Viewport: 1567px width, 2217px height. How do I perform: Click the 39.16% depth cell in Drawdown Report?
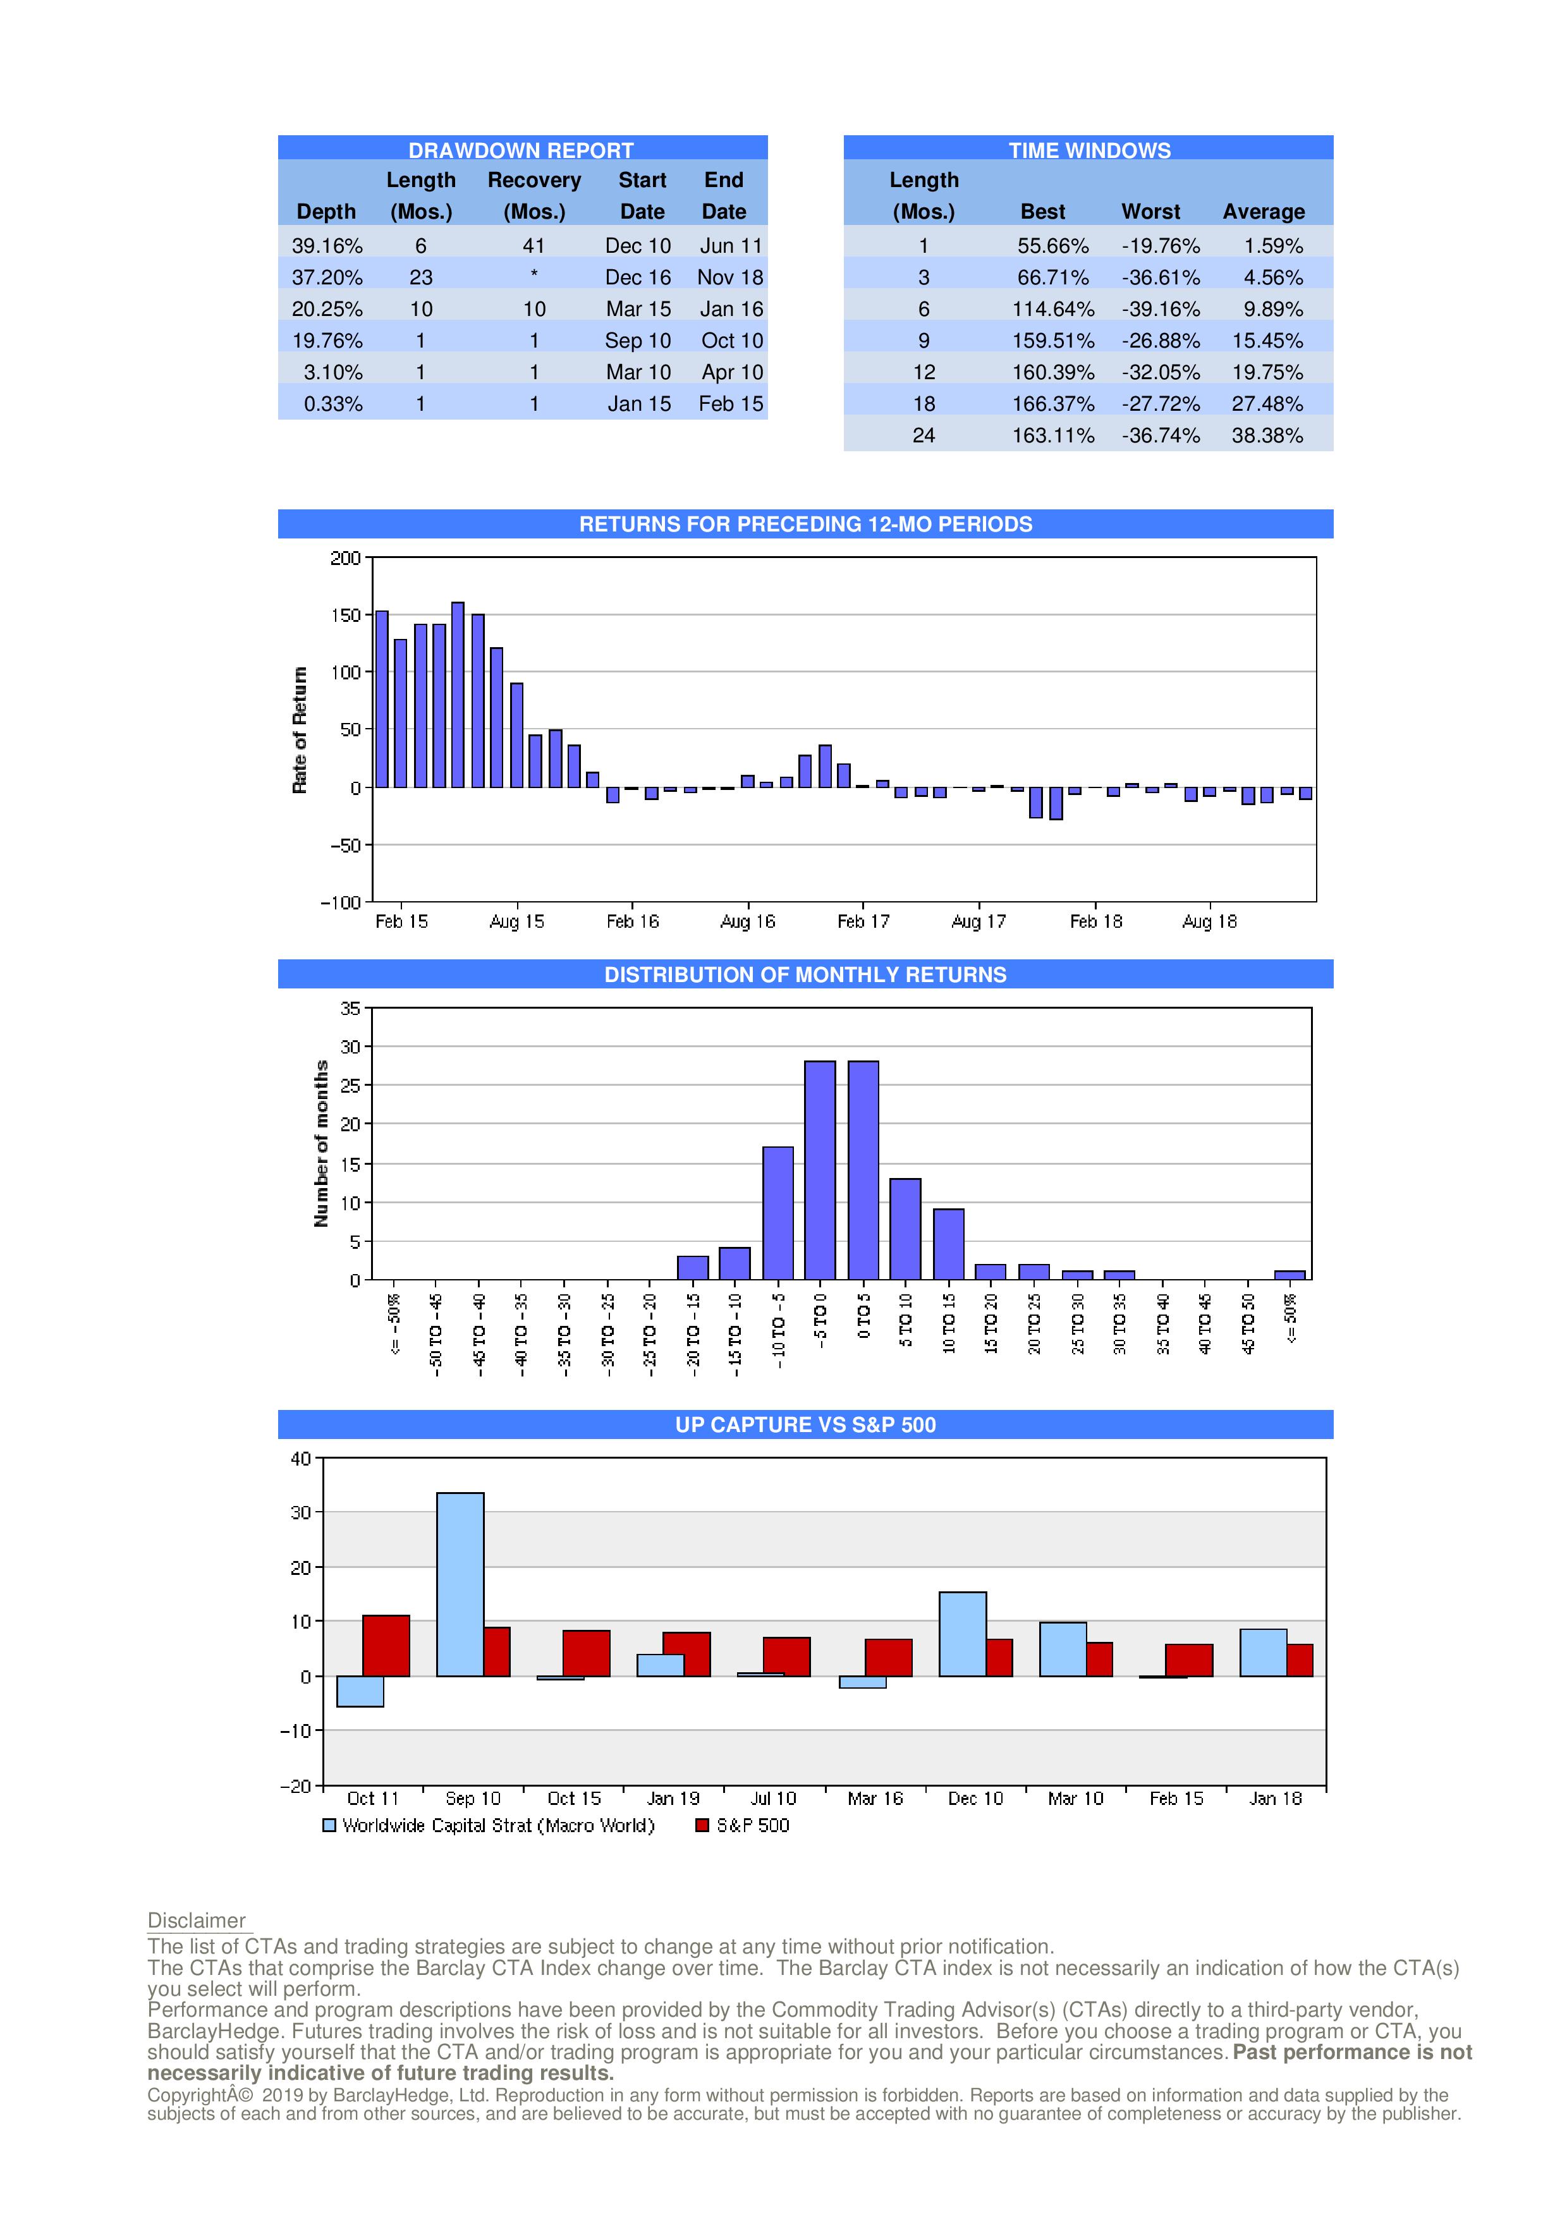(x=327, y=246)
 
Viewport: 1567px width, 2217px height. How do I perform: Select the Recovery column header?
(x=534, y=181)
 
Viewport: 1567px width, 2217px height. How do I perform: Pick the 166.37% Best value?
(x=1052, y=404)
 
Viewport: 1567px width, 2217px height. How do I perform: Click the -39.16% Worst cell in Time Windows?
(x=1161, y=309)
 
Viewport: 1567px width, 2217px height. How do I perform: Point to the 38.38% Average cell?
(x=1267, y=435)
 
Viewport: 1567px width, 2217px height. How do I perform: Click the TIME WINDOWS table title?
(x=1089, y=150)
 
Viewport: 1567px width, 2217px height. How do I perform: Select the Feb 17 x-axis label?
(x=863, y=921)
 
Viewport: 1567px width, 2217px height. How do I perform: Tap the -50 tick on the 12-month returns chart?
(x=344, y=845)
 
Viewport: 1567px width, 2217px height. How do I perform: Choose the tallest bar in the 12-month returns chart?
(x=458, y=695)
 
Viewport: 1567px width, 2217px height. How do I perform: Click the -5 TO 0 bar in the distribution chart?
(x=820, y=1170)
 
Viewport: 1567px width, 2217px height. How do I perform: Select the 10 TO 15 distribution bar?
(x=948, y=1244)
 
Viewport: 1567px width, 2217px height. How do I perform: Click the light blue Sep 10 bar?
(x=461, y=1584)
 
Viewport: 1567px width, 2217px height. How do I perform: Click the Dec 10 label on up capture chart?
(x=975, y=1798)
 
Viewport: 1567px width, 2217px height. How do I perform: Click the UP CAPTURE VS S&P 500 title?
(x=805, y=1424)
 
